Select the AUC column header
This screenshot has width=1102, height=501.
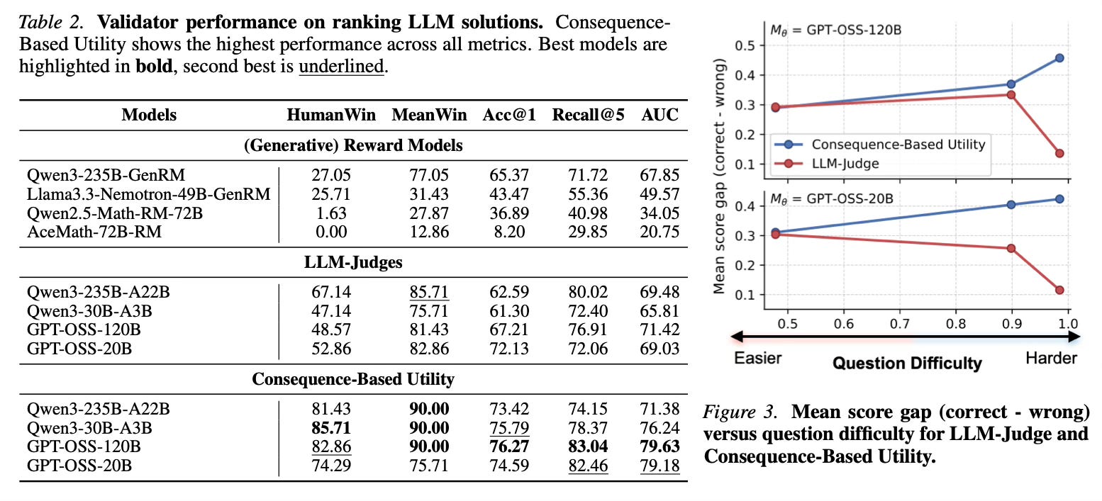tap(661, 115)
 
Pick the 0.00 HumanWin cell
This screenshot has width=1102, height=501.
tap(331, 231)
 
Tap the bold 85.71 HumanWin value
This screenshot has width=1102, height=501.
tap(331, 427)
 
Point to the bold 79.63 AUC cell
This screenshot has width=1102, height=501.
tap(661, 446)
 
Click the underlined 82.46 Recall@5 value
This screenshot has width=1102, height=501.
tap(589, 466)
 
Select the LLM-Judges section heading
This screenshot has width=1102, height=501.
tap(352, 263)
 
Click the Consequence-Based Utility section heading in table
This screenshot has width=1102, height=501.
tap(352, 379)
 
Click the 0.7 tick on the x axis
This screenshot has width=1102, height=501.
tap(899, 322)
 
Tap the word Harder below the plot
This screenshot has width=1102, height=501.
tap(1051, 359)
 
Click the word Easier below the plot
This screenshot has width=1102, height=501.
tap(758, 357)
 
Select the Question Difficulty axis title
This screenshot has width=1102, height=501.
tap(907, 363)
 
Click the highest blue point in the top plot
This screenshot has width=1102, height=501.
tap(1059, 57)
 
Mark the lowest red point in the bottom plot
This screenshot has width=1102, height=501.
tap(1059, 290)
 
